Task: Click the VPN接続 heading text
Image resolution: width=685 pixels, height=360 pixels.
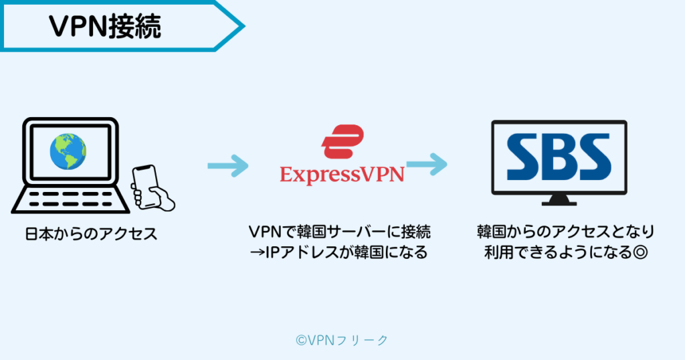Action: coord(105,27)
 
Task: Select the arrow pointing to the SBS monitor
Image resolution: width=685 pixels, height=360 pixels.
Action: coord(426,163)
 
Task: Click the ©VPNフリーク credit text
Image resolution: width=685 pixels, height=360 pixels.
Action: coord(342,340)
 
